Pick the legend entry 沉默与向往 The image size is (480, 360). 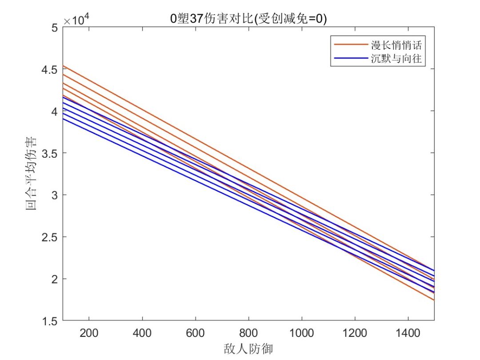396,59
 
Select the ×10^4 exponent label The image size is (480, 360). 76,20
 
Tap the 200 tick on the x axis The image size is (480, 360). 89,332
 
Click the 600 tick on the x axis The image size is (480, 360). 195,332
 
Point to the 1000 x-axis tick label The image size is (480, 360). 301,332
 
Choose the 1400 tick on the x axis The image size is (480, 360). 408,332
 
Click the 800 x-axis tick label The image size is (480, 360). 248,332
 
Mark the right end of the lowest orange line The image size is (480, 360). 434,300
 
